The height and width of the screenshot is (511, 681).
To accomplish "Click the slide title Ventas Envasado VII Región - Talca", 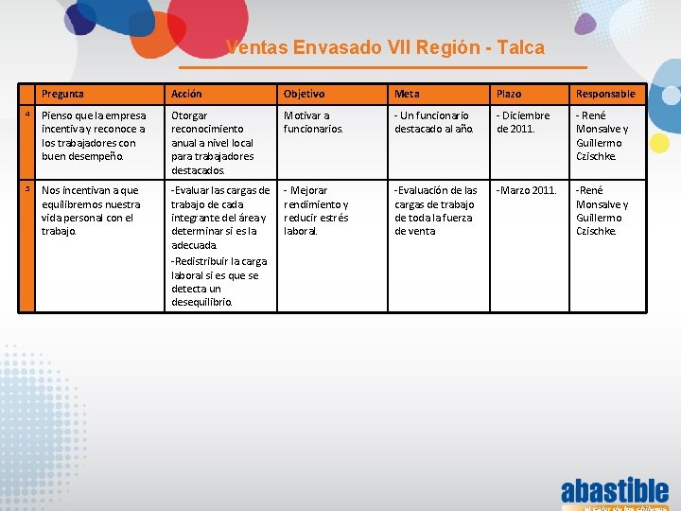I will (x=386, y=47).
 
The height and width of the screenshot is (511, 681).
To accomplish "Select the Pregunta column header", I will (x=62, y=94).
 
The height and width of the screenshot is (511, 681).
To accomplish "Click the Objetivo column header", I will (x=304, y=94).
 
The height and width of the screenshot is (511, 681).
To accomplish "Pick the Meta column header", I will (x=407, y=94).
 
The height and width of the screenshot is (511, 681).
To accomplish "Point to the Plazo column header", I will (x=509, y=94).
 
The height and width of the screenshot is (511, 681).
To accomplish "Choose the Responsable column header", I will (x=605, y=94).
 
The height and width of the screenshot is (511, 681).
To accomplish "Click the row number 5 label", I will (x=27, y=189).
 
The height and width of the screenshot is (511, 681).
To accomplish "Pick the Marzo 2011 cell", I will (x=529, y=190).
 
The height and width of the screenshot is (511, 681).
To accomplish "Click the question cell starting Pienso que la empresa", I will (x=94, y=135).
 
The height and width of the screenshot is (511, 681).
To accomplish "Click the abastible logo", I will (x=614, y=490).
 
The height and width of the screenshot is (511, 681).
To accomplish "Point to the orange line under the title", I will (x=382, y=67).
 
